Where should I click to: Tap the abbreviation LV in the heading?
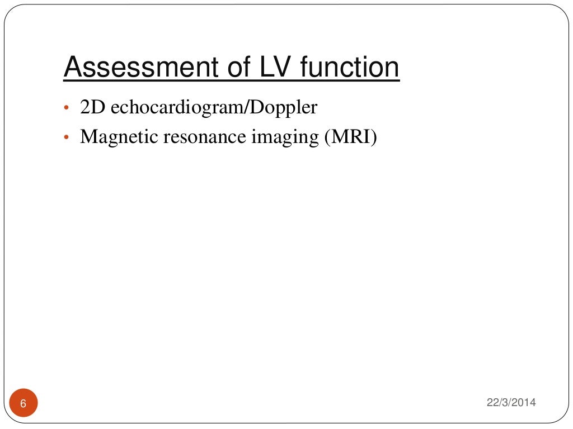[276, 68]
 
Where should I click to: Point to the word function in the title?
[350, 68]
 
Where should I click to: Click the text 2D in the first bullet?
[91, 107]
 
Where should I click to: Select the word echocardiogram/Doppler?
[213, 108]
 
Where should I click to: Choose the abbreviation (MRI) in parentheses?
[351, 137]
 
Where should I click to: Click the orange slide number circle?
[24, 403]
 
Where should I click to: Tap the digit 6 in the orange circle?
[24, 403]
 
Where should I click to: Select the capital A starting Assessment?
[72, 68]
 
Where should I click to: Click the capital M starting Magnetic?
[88, 137]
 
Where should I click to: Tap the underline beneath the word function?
[350, 82]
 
